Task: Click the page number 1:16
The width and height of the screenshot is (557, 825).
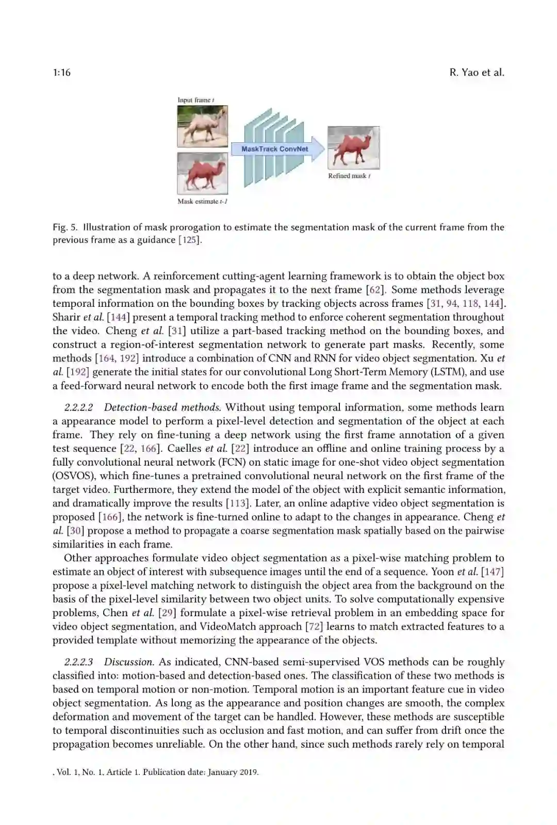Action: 61,73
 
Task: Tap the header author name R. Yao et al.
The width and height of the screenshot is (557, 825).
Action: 477,73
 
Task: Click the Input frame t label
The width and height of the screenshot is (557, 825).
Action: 196,100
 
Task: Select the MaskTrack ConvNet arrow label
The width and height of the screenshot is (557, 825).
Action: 274,149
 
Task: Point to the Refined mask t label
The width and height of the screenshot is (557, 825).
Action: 349,176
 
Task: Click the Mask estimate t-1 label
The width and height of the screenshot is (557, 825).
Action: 202,202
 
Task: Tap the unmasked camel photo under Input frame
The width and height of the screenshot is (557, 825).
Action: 202,126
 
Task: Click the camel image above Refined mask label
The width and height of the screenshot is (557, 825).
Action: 354,148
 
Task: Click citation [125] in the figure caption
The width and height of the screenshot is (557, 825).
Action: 189,240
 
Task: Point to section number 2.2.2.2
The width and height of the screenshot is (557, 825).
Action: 78,407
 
